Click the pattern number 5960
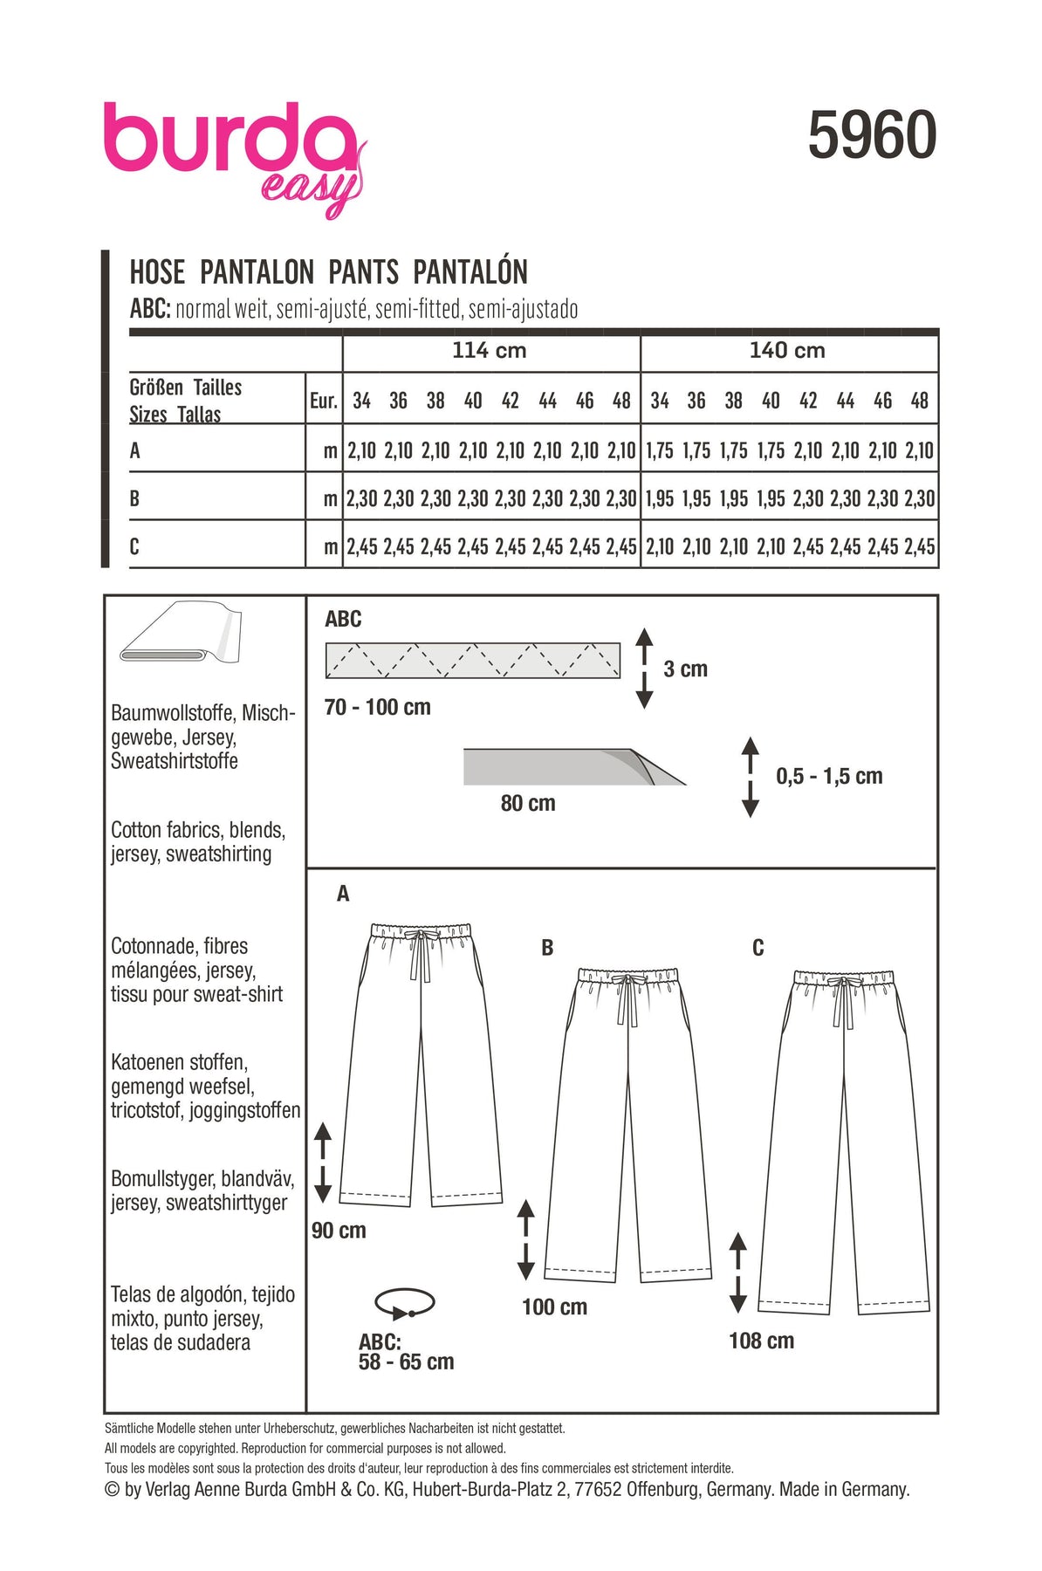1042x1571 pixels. (872, 136)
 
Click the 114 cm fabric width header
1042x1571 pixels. (489, 351)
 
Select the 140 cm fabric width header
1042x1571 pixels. (787, 351)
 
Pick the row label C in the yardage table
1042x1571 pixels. (134, 547)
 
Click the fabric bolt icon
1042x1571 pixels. (181, 633)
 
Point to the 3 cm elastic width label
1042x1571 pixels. (685, 669)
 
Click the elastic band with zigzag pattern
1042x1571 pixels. (472, 661)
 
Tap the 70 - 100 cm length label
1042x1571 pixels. (377, 707)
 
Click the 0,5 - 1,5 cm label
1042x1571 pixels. (829, 776)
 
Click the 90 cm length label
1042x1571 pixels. (339, 1231)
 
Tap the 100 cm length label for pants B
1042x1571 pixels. (554, 1307)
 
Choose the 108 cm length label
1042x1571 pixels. (761, 1341)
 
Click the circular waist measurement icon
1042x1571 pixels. (404, 1304)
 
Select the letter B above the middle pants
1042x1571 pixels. (547, 948)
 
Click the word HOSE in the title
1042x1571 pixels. (157, 272)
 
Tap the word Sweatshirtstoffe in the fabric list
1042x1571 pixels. (175, 761)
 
